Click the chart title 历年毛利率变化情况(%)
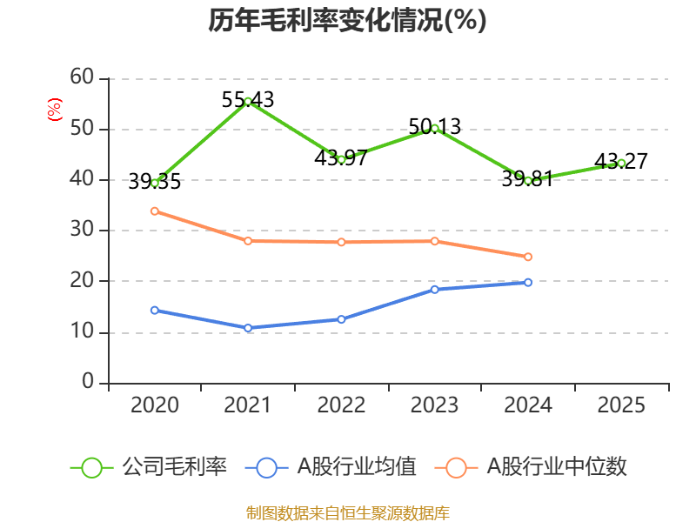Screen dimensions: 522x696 (347, 21)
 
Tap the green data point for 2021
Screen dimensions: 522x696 (248, 102)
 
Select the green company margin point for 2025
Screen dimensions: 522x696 (621, 163)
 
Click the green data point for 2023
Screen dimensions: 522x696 (435, 129)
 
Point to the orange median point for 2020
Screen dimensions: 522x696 (155, 211)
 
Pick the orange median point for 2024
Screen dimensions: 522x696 (528, 257)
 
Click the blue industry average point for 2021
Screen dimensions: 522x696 (248, 328)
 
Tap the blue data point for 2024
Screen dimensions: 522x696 (528, 282)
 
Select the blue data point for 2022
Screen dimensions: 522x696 (341, 319)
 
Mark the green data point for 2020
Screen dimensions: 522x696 (155, 183)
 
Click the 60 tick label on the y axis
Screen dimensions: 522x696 (82, 77)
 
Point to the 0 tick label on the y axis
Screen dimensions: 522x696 (88, 382)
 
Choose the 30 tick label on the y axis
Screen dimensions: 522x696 (82, 231)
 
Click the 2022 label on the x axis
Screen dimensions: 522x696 (341, 405)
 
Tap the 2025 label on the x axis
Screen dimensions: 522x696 (621, 405)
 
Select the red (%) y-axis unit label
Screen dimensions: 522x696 (55, 110)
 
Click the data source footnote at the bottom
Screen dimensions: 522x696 (347, 512)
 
